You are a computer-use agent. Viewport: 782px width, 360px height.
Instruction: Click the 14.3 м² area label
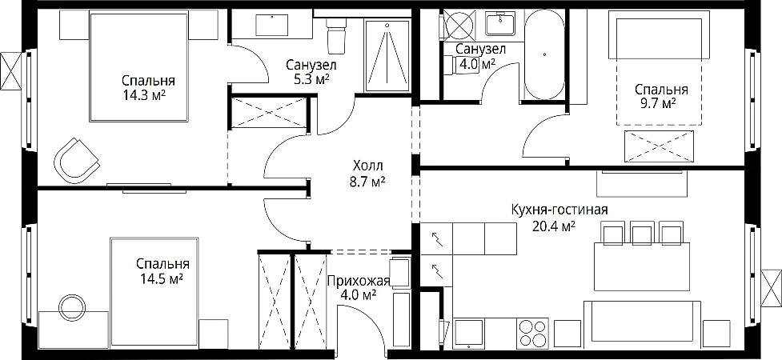[145, 94]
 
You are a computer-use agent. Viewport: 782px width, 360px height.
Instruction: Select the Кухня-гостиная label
[559, 210]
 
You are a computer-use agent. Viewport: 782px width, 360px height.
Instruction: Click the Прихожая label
[358, 282]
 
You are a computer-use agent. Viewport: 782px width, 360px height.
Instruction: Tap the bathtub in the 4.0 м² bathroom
[545, 54]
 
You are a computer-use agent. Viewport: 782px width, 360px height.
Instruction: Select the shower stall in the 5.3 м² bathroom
[387, 55]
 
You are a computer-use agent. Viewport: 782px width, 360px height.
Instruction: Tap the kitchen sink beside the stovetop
[470, 333]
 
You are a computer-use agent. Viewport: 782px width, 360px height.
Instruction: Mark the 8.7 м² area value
[368, 182]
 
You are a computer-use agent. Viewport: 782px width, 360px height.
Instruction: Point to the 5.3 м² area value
[311, 78]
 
